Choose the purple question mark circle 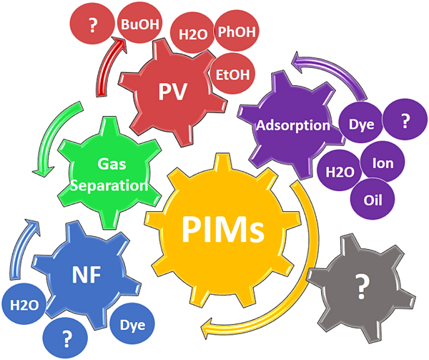[405, 120]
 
